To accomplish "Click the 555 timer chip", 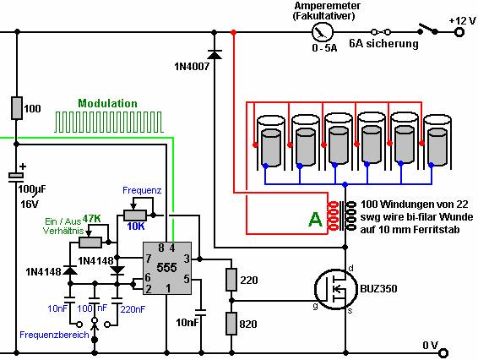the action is click(x=167, y=268).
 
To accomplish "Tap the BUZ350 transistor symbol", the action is click(x=335, y=289).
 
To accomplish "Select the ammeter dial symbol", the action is click(x=323, y=32).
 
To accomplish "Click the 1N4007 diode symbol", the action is click(x=215, y=55).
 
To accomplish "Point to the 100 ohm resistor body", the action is click(x=17, y=107).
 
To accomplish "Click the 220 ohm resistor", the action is click(x=231, y=280).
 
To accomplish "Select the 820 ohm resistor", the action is click(x=231, y=324).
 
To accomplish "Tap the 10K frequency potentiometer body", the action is click(x=135, y=215).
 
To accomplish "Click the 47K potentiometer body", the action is click(x=90, y=243).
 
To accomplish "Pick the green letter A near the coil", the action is click(x=316, y=219).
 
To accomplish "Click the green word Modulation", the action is click(x=107, y=103).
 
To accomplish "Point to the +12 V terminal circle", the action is click(x=459, y=32).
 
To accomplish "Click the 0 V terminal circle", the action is click(x=443, y=353).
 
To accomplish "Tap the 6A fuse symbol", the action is click(x=381, y=32).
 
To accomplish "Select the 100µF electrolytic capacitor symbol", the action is click(x=16, y=177).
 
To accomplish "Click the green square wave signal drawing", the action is click(x=109, y=122).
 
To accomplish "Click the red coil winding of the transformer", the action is click(x=332, y=215).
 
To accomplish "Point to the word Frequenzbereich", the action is click(x=54, y=335).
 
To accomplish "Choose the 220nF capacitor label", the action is click(x=133, y=309).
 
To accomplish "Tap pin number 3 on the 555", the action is click(x=187, y=259).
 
